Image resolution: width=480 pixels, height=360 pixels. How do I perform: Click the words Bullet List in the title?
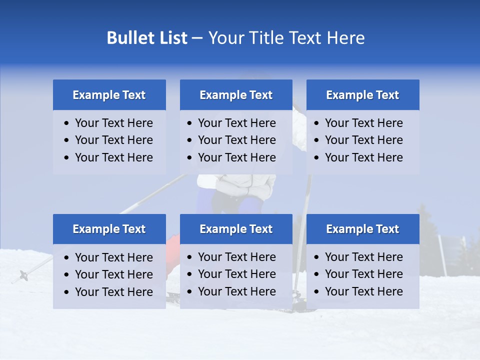147,38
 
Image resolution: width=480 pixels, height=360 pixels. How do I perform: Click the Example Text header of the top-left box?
109,95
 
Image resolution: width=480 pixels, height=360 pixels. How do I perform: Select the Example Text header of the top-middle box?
236,95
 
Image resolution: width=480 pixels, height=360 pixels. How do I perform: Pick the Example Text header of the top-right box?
362,95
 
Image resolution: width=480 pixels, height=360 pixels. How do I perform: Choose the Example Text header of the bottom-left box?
109,229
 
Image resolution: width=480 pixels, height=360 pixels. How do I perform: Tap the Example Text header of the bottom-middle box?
236,229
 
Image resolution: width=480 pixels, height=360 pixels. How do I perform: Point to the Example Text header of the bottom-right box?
362,229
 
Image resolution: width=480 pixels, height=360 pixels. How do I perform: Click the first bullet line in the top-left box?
113,123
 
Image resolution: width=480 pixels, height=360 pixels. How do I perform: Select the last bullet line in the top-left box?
113,157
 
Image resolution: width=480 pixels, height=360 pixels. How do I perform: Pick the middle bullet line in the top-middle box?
236,140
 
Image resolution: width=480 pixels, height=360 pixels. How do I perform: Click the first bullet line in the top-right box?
363,123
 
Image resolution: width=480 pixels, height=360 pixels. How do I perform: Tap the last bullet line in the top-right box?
363,157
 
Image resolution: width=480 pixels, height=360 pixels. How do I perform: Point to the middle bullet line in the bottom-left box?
113,274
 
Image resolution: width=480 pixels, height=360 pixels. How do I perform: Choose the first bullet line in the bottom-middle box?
236,257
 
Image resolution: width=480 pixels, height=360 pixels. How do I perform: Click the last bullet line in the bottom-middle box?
236,291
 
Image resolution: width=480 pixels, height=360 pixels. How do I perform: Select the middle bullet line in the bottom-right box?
363,274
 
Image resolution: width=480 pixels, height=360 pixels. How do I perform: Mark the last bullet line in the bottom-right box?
363,291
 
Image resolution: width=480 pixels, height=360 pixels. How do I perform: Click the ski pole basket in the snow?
23,274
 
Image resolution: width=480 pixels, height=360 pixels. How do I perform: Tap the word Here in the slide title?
345,38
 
